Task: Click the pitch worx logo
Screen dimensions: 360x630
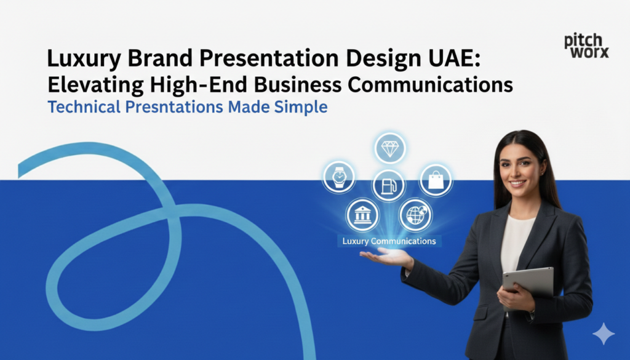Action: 586,46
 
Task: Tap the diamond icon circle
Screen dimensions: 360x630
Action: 389,148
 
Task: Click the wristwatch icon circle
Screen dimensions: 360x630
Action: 339,177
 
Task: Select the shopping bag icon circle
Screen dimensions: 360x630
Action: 436,180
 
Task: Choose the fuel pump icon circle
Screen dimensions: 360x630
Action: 389,185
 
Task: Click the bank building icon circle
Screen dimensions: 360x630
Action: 362,215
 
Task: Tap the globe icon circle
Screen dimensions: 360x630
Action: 415,215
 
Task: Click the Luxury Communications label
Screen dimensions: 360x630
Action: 389,241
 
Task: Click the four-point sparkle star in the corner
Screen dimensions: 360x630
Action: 603,334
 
